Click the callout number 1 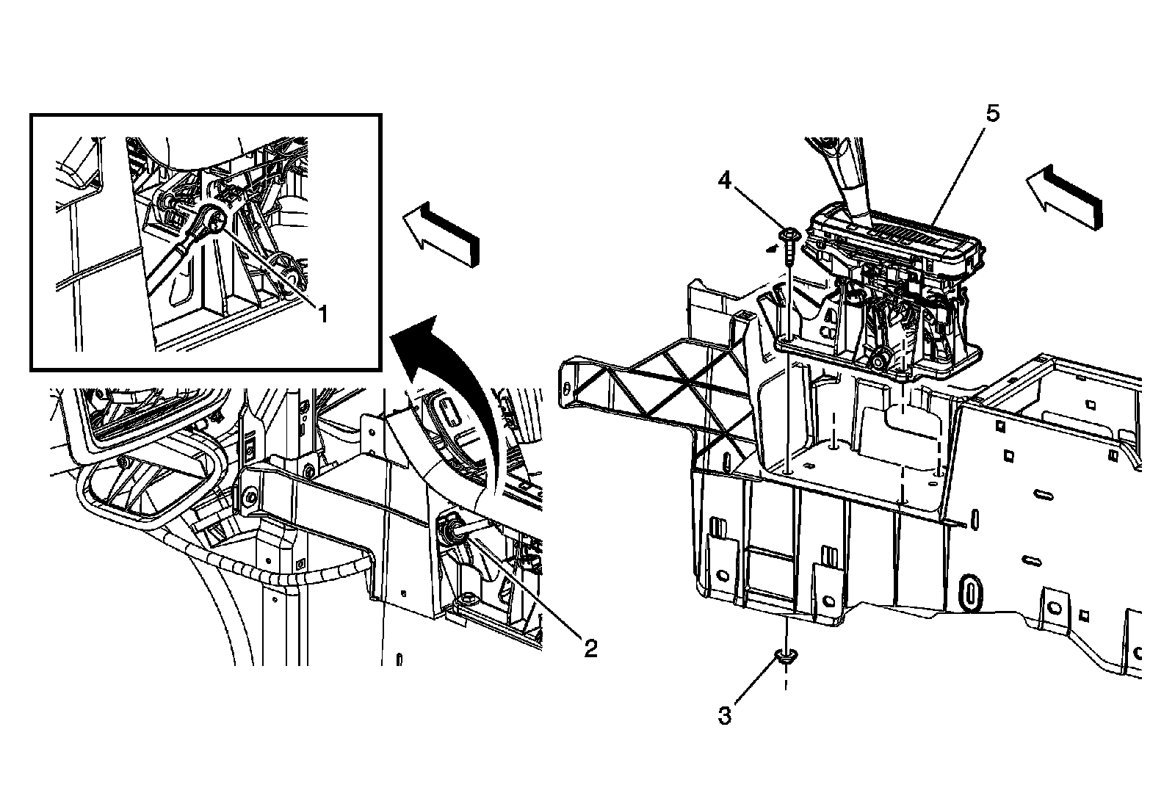tap(321, 314)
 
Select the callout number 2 tap(590, 648)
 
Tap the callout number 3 tap(725, 714)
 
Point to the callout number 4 tap(725, 180)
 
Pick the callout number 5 tap(992, 114)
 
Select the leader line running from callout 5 tap(958, 169)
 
